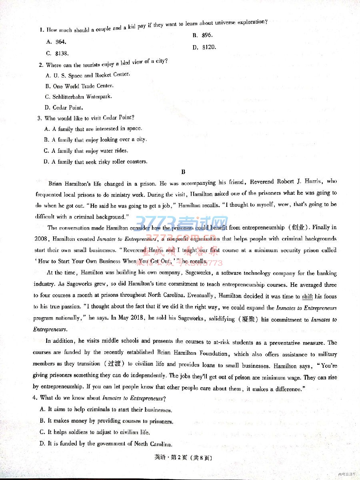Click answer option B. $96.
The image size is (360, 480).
202,35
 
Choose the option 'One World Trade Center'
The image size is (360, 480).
80,86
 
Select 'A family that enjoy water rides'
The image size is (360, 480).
86,151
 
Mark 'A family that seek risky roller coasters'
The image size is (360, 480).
96,162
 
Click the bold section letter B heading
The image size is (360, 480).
183,172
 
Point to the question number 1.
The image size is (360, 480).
41,30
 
